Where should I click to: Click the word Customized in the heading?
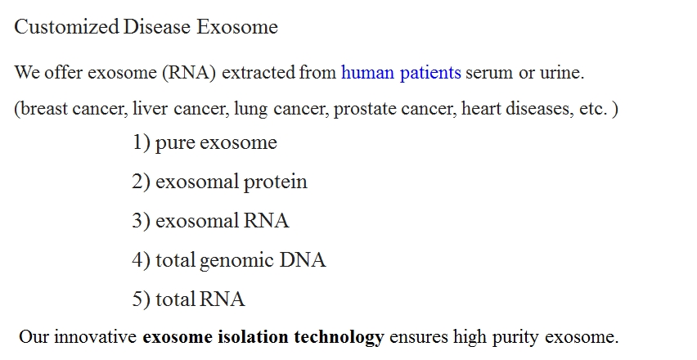[x=67, y=27]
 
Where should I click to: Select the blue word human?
[x=367, y=72]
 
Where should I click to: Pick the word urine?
[x=562, y=73]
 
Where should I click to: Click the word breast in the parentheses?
[x=44, y=108]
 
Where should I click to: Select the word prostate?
[x=365, y=109]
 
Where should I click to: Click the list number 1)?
[x=142, y=142]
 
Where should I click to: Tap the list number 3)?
[x=142, y=221]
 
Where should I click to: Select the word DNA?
[x=302, y=260]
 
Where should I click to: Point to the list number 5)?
[x=142, y=299]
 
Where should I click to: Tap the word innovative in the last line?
[x=95, y=337]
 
